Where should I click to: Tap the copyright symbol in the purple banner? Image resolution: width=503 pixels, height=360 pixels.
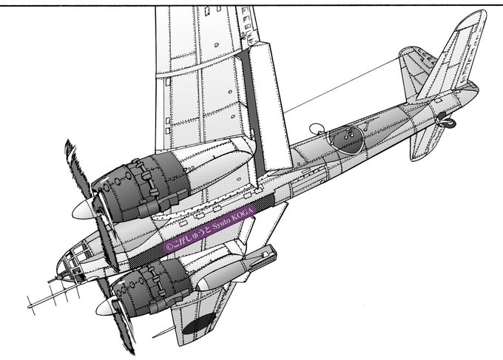(x=167, y=247)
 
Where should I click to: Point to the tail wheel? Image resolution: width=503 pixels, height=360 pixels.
(x=447, y=120)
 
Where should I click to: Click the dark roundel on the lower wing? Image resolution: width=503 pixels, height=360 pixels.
(x=199, y=324)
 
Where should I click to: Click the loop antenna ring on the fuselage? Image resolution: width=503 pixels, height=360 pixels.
(x=316, y=128)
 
